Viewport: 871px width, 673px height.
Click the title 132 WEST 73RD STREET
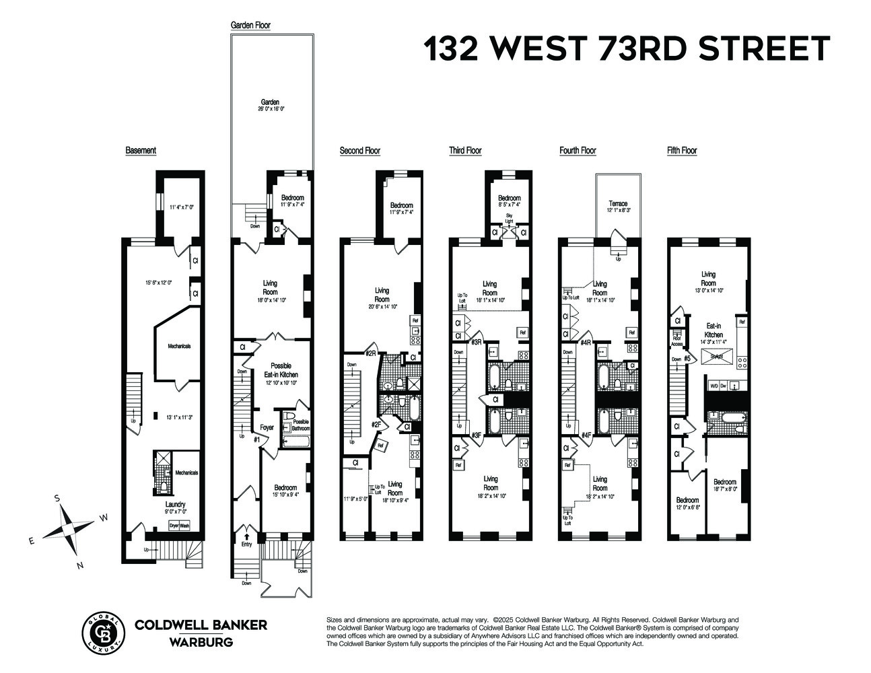(x=626, y=49)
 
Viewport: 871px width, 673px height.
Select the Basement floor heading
(x=141, y=150)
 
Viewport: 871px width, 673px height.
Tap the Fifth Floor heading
(x=682, y=151)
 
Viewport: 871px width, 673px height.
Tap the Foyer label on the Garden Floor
(x=267, y=427)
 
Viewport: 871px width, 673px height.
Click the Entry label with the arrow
(x=246, y=544)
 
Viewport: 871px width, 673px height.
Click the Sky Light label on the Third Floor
(x=509, y=219)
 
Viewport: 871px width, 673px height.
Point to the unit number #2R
(x=370, y=354)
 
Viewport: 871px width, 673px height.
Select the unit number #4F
(x=586, y=435)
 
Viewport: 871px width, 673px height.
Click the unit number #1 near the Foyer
(x=256, y=439)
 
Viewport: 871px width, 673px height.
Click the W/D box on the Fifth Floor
(x=713, y=386)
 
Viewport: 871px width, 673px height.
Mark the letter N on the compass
(x=79, y=565)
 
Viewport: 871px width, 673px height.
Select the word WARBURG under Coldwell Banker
(x=201, y=642)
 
